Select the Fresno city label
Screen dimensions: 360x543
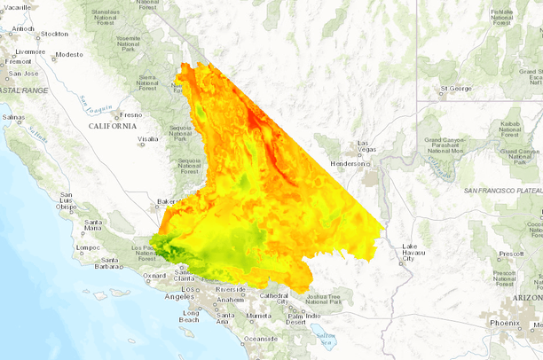tap(131, 114)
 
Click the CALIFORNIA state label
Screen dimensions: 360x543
tap(112, 126)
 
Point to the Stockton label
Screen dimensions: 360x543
tap(54, 34)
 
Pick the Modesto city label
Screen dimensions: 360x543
tap(68, 54)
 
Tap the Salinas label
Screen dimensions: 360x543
tap(13, 117)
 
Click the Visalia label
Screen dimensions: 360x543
tap(147, 139)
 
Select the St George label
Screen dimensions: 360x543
tap(456, 89)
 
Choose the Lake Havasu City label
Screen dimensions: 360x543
tap(408, 253)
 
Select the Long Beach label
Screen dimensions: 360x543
tap(191, 317)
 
